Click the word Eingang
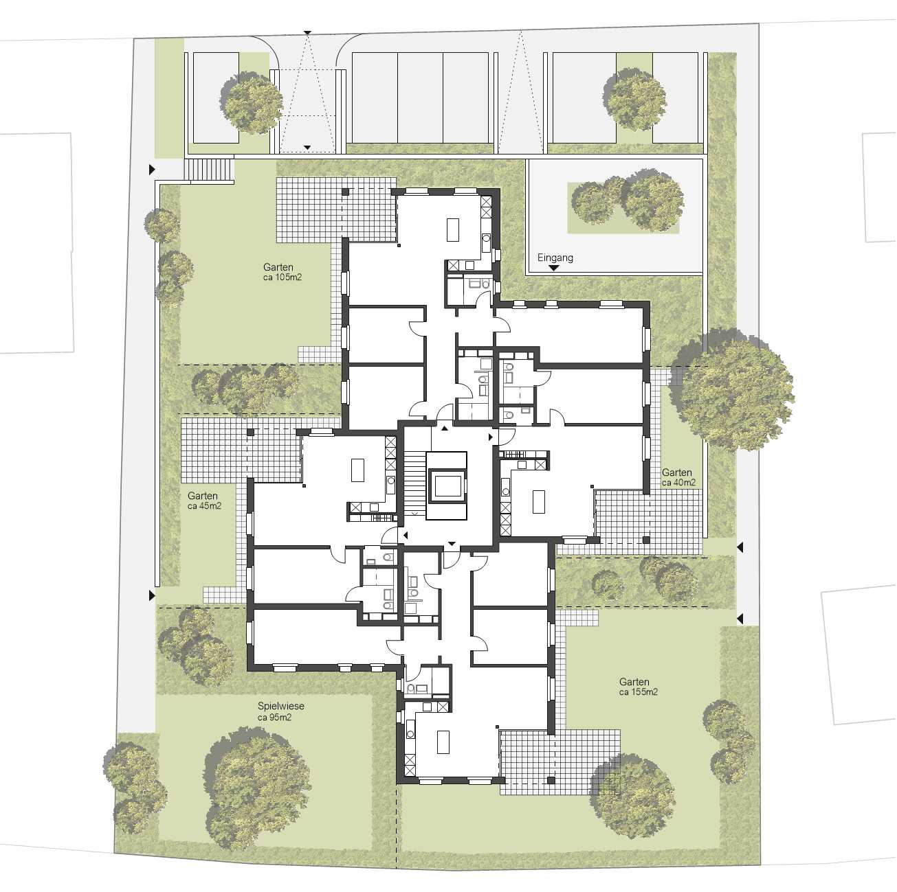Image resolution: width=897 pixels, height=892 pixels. pyautogui.click(x=555, y=258)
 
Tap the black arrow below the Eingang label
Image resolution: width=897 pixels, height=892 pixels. pyautogui.click(x=554, y=268)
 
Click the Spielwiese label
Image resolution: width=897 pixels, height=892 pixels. pyautogui.click(x=280, y=705)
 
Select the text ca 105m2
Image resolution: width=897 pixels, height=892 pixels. pyautogui.click(x=282, y=277)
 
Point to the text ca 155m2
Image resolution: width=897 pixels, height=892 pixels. pyautogui.click(x=638, y=692)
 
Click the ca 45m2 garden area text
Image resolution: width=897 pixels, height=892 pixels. pyautogui.click(x=204, y=505)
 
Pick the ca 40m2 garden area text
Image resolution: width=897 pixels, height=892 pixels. pyautogui.click(x=678, y=483)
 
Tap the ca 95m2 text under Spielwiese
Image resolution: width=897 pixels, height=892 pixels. pyautogui.click(x=274, y=717)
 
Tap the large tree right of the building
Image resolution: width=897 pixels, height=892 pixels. pyautogui.click(x=731, y=390)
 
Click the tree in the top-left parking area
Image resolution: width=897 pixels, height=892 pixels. pyautogui.click(x=252, y=102)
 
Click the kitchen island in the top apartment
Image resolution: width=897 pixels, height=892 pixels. pyautogui.click(x=452, y=229)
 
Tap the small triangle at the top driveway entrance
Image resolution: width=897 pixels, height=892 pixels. pyautogui.click(x=307, y=32)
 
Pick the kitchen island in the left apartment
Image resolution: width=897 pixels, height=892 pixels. pyautogui.click(x=357, y=470)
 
